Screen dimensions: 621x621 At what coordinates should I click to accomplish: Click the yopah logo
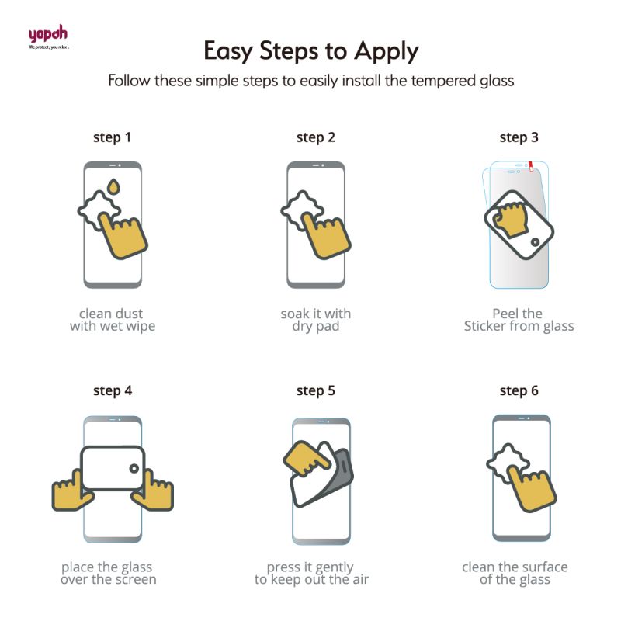coord(48,36)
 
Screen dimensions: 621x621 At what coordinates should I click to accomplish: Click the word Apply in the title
coord(386,51)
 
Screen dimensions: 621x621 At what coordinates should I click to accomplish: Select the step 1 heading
coord(112,137)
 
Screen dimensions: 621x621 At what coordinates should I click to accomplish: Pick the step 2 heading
coord(316,137)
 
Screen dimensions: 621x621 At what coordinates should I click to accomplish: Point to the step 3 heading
coord(519,137)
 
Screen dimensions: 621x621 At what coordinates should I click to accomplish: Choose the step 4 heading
coord(113,391)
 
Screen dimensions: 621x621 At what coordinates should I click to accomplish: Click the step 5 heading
coord(316,391)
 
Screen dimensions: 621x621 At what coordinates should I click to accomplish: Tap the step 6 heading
coord(519,391)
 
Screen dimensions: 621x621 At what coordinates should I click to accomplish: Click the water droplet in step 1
coord(113,186)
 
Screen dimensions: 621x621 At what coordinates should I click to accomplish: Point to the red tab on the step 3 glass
coord(531,166)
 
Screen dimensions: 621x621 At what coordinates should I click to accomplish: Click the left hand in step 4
coord(72,491)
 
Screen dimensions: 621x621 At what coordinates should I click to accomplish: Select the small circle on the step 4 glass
coord(134,469)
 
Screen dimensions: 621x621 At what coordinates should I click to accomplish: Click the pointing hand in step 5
coord(306,459)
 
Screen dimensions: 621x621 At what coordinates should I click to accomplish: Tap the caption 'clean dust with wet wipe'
coord(113,320)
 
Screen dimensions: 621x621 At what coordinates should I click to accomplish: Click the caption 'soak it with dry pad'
coord(316,320)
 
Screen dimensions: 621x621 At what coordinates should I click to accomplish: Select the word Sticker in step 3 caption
coord(484,326)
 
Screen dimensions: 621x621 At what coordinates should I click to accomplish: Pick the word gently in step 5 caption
coord(334,568)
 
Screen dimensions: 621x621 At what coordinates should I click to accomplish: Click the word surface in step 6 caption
coord(545,567)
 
